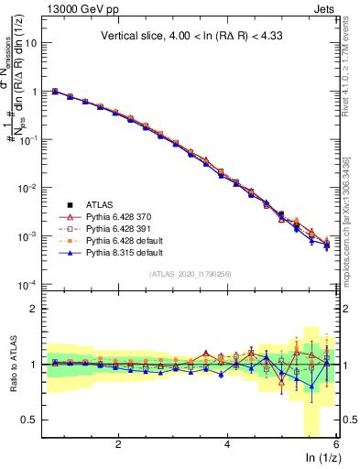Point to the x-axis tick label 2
tap(118, 443)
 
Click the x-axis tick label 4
tap(227, 443)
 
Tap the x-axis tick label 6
tap(335, 443)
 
